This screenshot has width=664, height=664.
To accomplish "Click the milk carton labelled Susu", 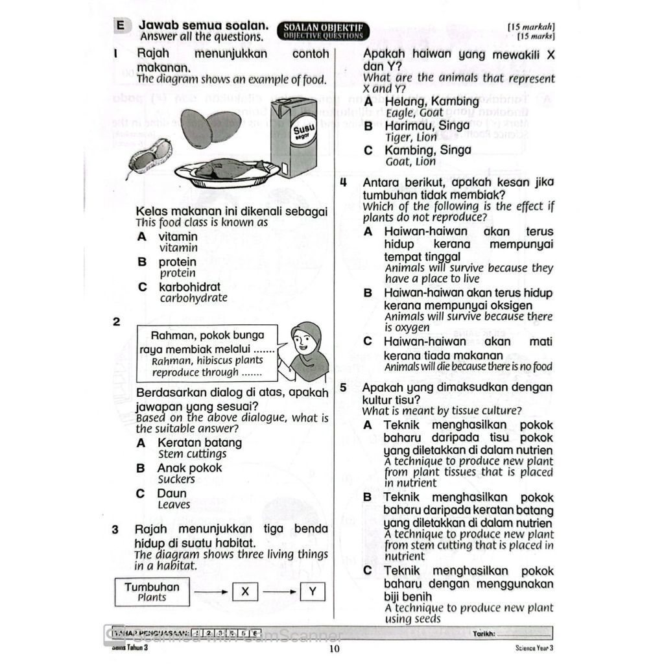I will click(x=292, y=137).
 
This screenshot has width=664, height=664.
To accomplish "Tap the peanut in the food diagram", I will click(x=149, y=156).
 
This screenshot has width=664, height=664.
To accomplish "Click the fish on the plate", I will click(x=230, y=169).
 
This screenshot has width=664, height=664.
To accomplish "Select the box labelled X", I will click(x=244, y=591).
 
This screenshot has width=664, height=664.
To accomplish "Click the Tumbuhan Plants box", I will click(x=152, y=591).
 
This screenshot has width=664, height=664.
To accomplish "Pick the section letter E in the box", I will click(x=120, y=26).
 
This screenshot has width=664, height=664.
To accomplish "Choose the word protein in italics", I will click(x=177, y=273).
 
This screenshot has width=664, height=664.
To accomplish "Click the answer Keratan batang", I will click(x=199, y=443).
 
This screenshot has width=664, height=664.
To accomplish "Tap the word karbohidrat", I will click(x=189, y=287).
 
